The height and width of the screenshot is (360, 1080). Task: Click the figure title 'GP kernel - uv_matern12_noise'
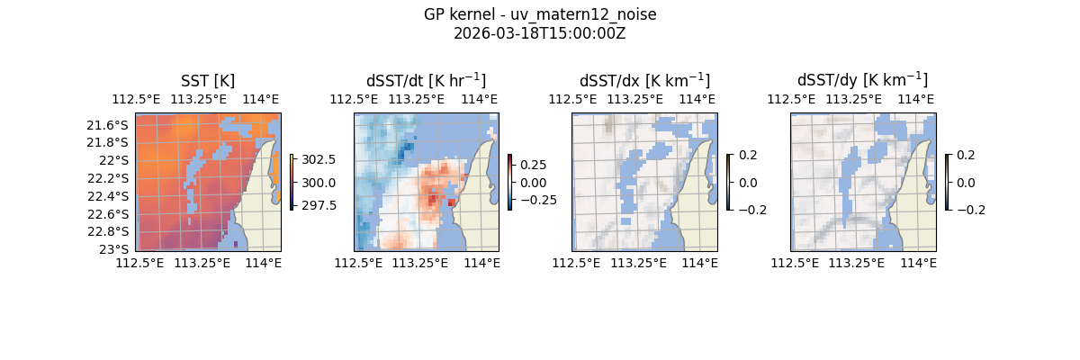click(540, 14)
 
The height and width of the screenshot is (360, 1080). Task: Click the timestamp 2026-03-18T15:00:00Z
click(540, 33)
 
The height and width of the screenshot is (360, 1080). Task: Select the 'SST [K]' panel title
click(208, 81)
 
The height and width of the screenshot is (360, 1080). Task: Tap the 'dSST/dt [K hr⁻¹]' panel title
click(426, 81)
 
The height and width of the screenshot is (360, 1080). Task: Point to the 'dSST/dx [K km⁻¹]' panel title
click(644, 81)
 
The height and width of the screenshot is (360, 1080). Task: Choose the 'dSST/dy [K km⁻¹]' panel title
click(862, 81)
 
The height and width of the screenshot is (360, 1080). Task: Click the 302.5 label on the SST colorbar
click(319, 159)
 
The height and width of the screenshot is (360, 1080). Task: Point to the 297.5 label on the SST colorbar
click(319, 205)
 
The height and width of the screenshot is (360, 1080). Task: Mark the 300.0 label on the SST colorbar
click(319, 183)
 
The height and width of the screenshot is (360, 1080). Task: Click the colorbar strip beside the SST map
click(292, 182)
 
